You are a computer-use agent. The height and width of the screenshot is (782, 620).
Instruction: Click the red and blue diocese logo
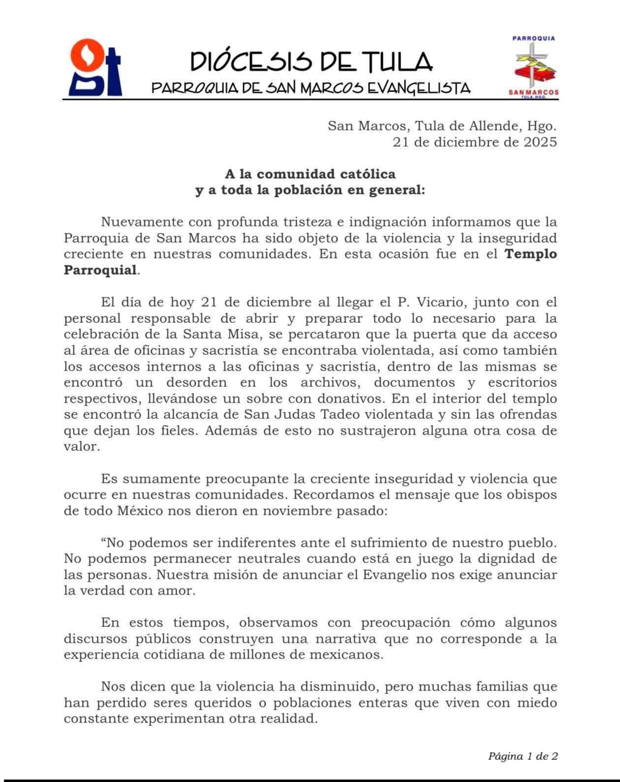(95, 67)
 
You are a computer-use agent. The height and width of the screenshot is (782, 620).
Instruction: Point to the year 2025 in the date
(539, 142)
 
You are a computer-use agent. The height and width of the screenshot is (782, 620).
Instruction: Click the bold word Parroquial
(100, 270)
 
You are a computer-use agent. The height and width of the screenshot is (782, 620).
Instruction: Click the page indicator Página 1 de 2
(523, 756)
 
